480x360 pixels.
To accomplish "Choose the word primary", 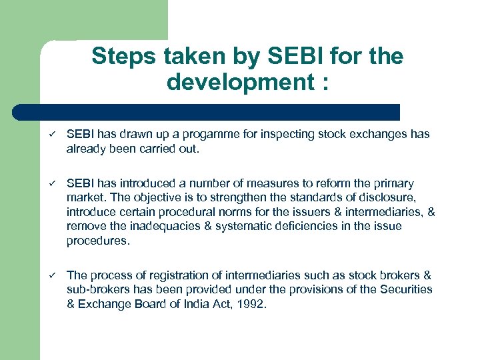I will (391, 183).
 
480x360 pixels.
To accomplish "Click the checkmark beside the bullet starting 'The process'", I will (50, 275).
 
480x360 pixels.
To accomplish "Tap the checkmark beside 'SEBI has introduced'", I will (50, 183).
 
